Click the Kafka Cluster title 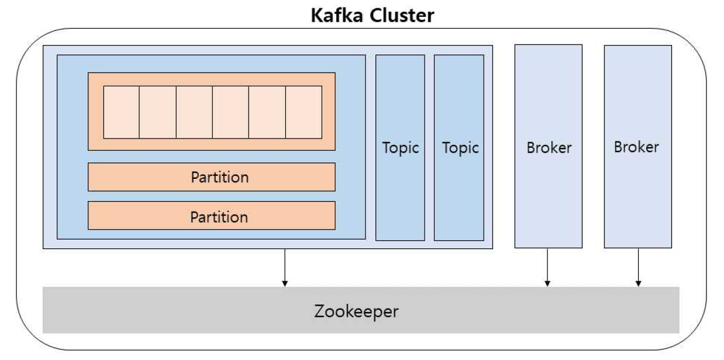[x=373, y=15]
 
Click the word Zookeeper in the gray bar [x=356, y=311]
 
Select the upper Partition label [x=219, y=177]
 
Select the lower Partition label [x=219, y=217]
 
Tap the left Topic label [x=401, y=148]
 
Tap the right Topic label [x=460, y=148]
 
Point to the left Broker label [x=549, y=148]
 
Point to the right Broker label [x=636, y=147]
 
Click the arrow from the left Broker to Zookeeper [x=547, y=268]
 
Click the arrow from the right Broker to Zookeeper [x=638, y=268]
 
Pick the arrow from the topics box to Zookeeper [x=285, y=268]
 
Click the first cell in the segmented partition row [x=122, y=112]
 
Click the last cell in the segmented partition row [x=304, y=112]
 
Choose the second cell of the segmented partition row [x=158, y=112]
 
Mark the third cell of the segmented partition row [x=194, y=112]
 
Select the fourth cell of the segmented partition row [x=231, y=112]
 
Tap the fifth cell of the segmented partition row [x=267, y=112]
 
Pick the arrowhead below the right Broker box [x=638, y=283]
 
